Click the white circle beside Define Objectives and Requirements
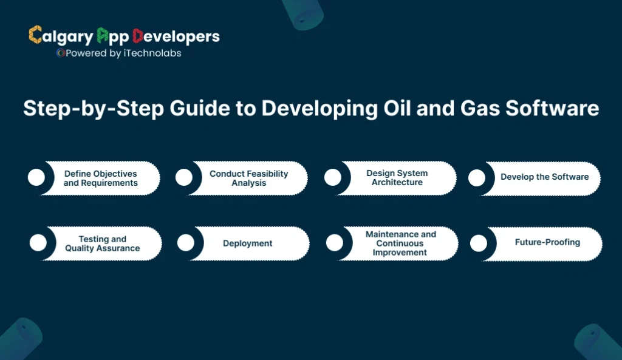click(x=36, y=178)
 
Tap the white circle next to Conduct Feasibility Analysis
click(x=184, y=177)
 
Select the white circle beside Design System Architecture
click(x=332, y=177)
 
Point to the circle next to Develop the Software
click(x=477, y=178)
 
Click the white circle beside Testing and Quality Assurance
click(x=38, y=243)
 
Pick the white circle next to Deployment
click(x=186, y=243)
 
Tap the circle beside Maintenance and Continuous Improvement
click(x=335, y=243)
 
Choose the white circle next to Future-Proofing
click(x=479, y=243)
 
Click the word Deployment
click(x=248, y=243)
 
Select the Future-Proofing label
click(x=547, y=242)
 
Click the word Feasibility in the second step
click(x=265, y=174)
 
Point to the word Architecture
click(x=397, y=182)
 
